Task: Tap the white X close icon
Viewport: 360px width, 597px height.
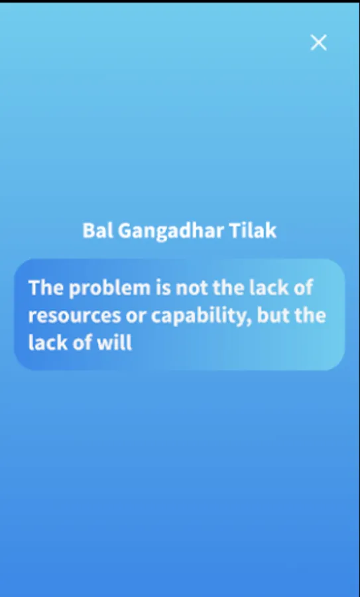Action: point(318,42)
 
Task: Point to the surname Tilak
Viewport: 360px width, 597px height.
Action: point(253,230)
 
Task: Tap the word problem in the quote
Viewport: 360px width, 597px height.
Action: point(109,289)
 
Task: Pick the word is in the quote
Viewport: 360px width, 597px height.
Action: point(163,287)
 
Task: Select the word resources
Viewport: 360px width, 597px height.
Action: point(74,316)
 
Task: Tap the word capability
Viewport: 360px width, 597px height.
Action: point(202,316)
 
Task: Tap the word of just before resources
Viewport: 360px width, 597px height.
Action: point(303,287)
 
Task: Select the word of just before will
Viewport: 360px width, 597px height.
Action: point(82,343)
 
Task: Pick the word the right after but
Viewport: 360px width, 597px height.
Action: point(310,315)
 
